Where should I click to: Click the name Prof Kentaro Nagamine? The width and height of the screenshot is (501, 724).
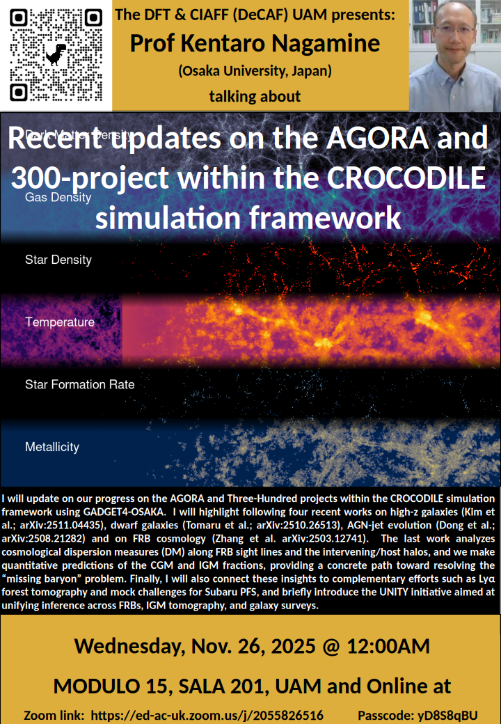click(255, 44)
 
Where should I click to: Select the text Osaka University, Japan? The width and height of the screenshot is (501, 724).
click(255, 72)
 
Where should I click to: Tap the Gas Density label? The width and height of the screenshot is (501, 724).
click(58, 198)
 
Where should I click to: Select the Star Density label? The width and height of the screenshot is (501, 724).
click(58, 260)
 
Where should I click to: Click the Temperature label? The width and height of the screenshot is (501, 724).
click(60, 322)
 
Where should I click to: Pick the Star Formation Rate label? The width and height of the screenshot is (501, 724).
click(79, 384)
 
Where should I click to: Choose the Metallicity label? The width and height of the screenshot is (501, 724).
click(52, 447)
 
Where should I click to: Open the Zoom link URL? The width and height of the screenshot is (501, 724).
click(207, 716)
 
